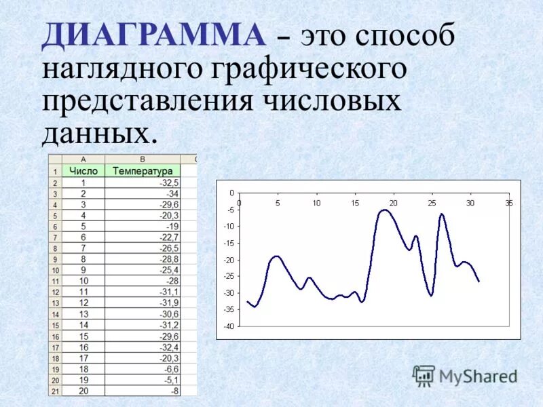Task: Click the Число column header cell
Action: (x=83, y=171)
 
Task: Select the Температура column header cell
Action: (x=143, y=171)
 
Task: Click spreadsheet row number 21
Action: (x=54, y=391)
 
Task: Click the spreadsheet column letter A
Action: (x=83, y=159)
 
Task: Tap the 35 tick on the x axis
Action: (x=509, y=203)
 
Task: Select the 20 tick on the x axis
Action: (x=393, y=203)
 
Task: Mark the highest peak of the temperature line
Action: (x=385, y=210)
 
